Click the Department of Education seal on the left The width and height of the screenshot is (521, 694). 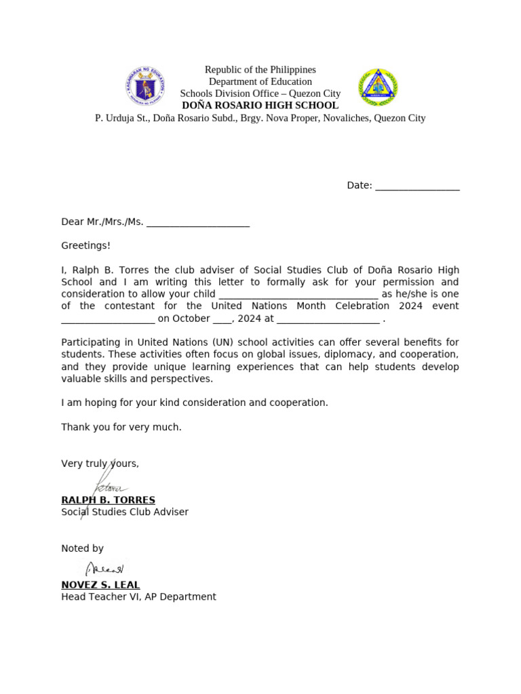coord(145,87)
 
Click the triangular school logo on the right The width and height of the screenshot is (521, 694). coord(377,87)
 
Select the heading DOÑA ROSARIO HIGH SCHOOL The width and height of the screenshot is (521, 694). coord(260,106)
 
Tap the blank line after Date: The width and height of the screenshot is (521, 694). coord(417,186)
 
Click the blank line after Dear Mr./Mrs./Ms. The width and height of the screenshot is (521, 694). coord(198,222)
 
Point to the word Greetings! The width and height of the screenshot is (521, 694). coord(85,245)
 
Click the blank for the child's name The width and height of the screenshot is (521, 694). coord(298,294)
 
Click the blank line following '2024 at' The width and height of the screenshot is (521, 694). coord(328,319)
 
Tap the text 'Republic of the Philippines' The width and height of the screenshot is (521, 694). coord(260,70)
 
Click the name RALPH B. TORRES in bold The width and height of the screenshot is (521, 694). coord(108,500)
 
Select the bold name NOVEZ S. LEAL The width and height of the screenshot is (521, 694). coord(100,585)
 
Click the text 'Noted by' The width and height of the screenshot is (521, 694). coord(82,548)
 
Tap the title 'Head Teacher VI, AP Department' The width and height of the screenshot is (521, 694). coord(138,597)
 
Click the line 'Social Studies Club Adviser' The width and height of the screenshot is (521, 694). coord(125,512)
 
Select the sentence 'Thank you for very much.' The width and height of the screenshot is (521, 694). coord(121,427)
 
